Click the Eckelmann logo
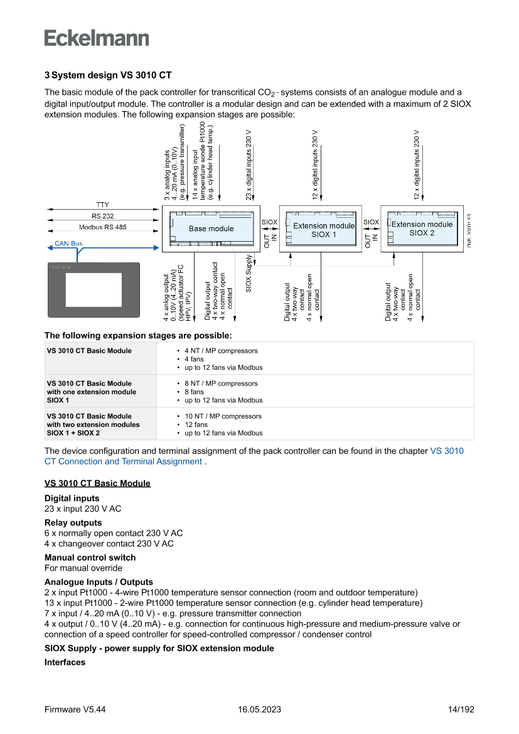pyautogui.click(x=97, y=38)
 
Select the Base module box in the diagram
pyautogui.click(x=211, y=229)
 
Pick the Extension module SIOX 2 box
pyautogui.click(x=422, y=229)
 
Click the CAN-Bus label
pyautogui.click(x=68, y=244)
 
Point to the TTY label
pyautogui.click(x=102, y=205)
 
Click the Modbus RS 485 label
pyautogui.click(x=102, y=227)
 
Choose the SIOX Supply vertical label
pyautogui.click(x=249, y=274)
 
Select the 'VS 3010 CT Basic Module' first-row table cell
pyautogui.click(x=89, y=351)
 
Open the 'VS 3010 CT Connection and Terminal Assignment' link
pyautogui.click(x=254, y=456)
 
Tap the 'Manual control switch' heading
pyautogui.click(x=90, y=558)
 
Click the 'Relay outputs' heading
pyautogui.click(x=73, y=522)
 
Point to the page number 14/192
pyautogui.click(x=461, y=710)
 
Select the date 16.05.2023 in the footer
pyautogui.click(x=259, y=710)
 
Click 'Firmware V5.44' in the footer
pyautogui.click(x=75, y=710)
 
